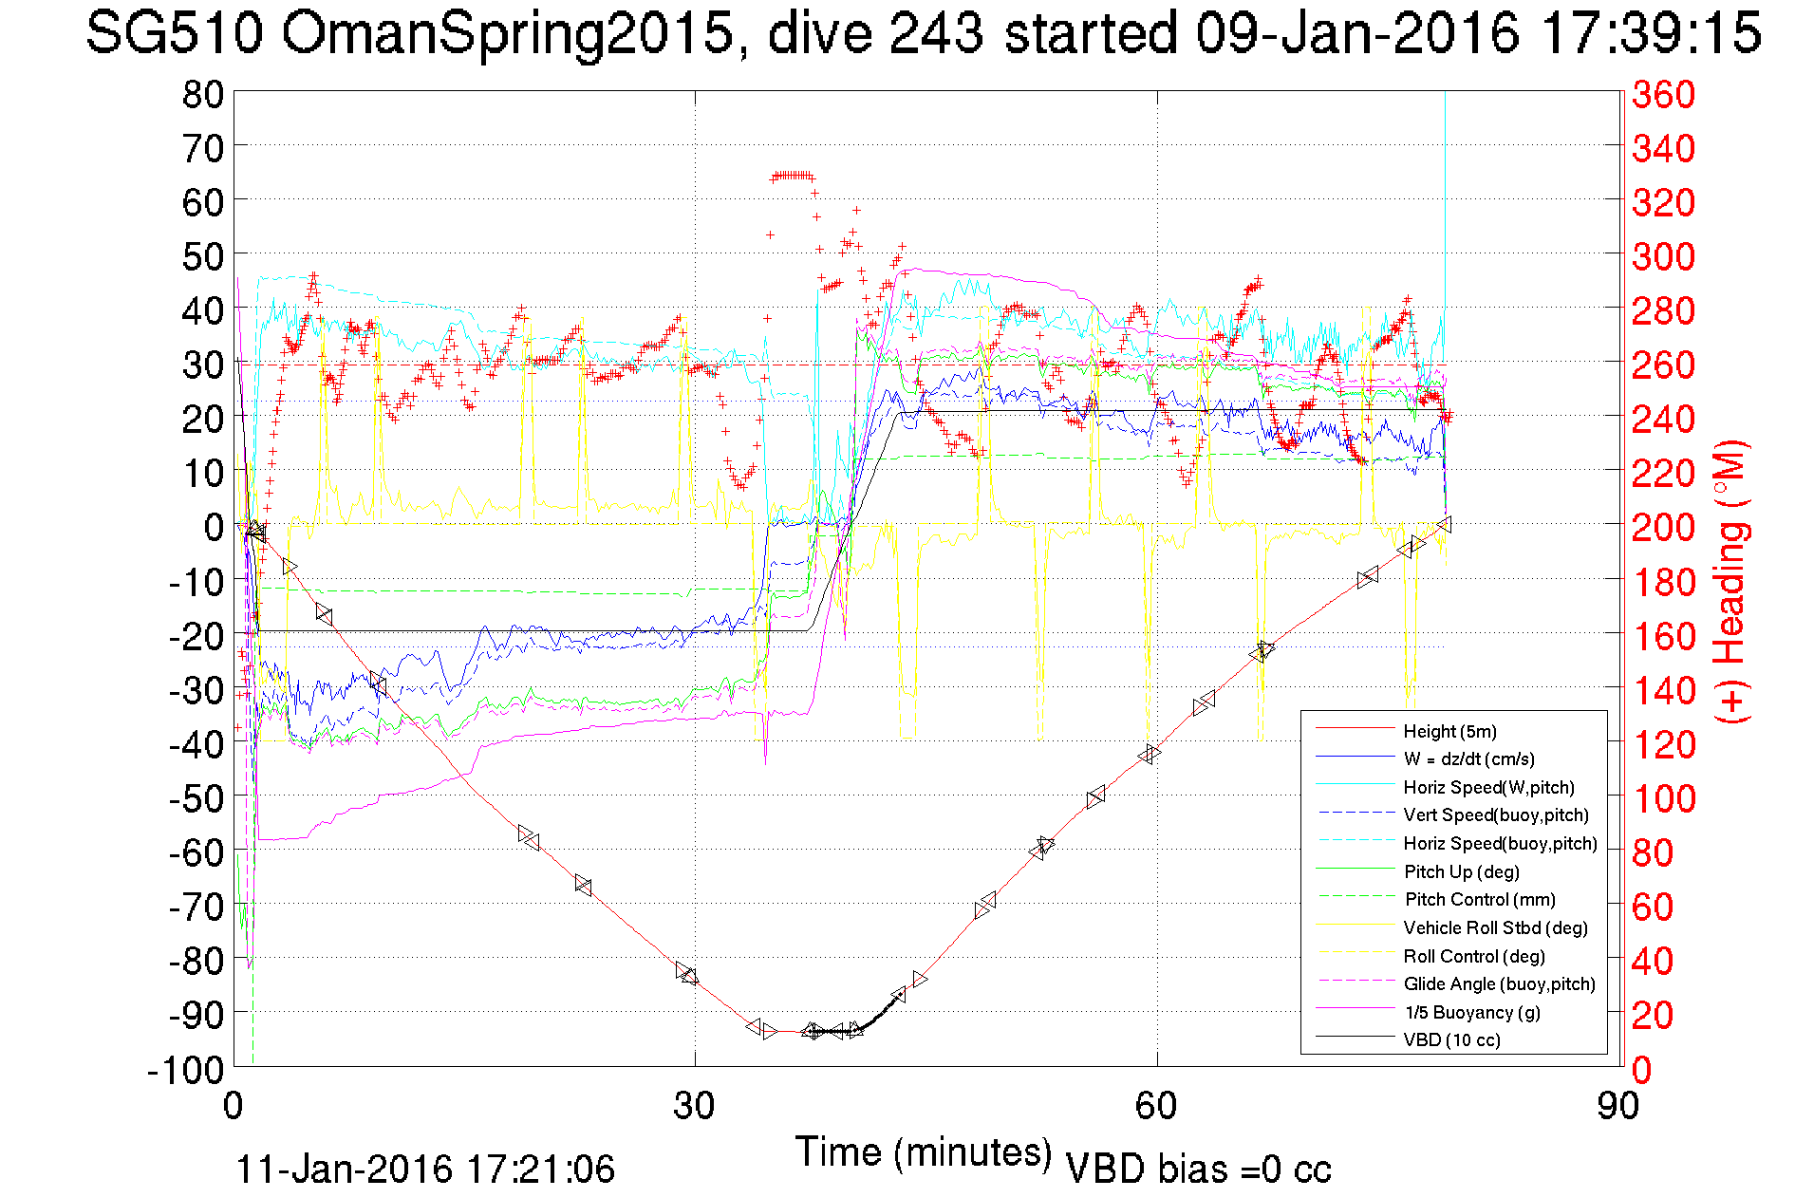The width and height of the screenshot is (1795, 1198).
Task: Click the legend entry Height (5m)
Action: click(1449, 731)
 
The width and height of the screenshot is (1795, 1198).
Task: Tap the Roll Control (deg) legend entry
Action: click(1474, 956)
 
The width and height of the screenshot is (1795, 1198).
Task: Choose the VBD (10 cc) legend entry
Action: click(1451, 1040)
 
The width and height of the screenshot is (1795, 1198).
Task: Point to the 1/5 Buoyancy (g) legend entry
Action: click(1472, 1012)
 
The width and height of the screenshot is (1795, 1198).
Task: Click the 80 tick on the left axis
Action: click(202, 94)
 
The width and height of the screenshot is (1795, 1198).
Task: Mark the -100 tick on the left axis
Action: click(185, 1070)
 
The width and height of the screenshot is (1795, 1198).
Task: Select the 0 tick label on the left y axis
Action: click(214, 527)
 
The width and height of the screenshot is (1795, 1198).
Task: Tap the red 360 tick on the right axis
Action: click(1663, 94)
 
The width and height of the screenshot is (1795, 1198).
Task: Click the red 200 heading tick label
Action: click(1663, 527)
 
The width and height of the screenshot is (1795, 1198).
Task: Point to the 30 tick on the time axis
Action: click(694, 1106)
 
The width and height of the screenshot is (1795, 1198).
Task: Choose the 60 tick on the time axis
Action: click(1156, 1106)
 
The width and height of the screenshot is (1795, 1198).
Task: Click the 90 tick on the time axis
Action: click(1617, 1106)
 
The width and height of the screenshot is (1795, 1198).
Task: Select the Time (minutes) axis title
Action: click(923, 1152)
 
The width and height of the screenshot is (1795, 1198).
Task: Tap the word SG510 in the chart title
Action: click(174, 33)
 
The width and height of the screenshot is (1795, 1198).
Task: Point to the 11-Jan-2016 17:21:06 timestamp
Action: click(424, 1169)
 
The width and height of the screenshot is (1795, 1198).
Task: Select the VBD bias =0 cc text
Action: click(1198, 1169)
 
